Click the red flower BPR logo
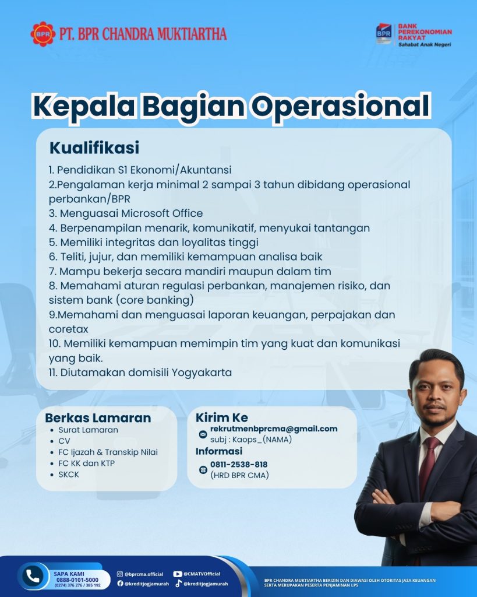43,34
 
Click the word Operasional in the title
341,106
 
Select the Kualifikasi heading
94,148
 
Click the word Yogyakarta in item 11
202,373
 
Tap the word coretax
69,329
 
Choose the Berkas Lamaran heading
98,417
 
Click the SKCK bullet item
69,475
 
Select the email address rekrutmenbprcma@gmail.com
274,429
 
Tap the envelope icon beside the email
203,434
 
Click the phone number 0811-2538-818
239,465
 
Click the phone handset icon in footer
33,576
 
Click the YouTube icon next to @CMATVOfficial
177,574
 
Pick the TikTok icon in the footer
178,583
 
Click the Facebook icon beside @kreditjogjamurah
120,583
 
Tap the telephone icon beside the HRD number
203,470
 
